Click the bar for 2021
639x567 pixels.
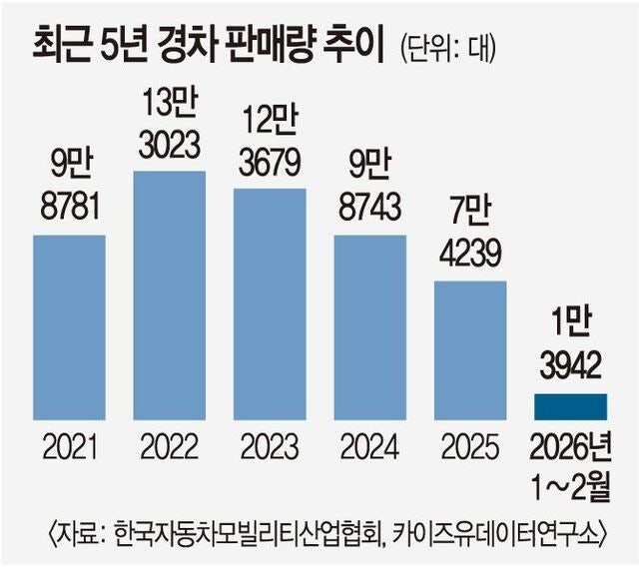tap(70, 327)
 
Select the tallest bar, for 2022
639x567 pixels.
tap(170, 295)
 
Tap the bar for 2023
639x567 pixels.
tap(270, 304)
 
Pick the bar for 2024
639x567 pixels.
tap(369, 327)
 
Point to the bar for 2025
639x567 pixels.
tap(469, 350)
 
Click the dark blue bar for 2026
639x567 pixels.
tap(570, 407)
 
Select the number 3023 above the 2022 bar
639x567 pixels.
tap(170, 146)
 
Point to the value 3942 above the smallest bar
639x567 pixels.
tap(570, 367)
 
